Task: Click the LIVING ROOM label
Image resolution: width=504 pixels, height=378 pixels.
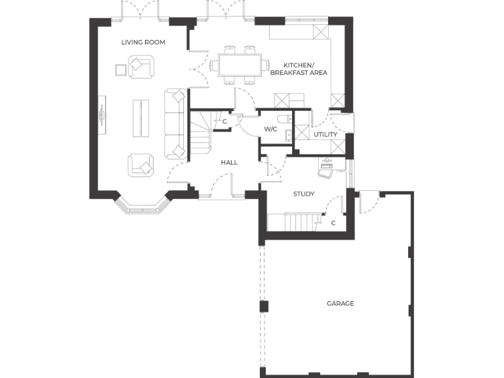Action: point(143,42)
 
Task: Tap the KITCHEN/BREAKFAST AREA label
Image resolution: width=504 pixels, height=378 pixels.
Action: point(299,69)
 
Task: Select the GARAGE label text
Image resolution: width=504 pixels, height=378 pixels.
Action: point(340,303)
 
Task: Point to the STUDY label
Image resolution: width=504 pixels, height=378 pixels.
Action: point(304,194)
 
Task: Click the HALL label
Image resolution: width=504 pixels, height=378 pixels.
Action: point(229,162)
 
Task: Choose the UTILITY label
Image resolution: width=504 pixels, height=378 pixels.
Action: point(325,135)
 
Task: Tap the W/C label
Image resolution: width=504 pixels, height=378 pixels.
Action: point(270,129)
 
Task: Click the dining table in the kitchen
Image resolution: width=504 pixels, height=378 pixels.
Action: point(240,65)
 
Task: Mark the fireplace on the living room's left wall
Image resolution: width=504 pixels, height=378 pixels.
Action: point(102,115)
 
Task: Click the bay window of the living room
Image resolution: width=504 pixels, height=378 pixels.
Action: point(143,205)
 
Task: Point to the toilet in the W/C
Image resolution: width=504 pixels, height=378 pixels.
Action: point(283,119)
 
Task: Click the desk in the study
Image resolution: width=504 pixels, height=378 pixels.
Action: point(326,167)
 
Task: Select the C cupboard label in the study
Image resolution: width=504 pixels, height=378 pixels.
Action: point(333,223)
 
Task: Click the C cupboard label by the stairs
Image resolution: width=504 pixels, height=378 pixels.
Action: point(224,121)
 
